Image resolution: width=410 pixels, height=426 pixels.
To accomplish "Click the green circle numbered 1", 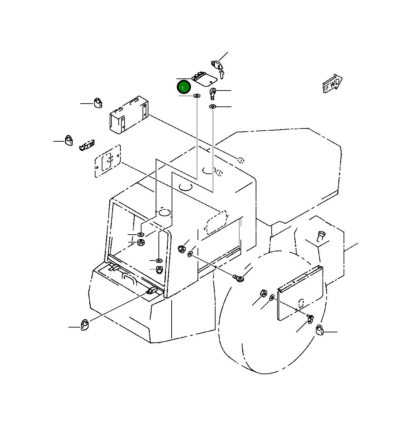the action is point(184,87).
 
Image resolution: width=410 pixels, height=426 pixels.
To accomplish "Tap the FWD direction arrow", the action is point(332,83).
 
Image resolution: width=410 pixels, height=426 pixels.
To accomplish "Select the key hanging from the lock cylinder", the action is point(222,74).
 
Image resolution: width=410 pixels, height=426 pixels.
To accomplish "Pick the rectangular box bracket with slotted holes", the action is point(129,115).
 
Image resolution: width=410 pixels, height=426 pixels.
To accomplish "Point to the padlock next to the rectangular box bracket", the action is point(98,103).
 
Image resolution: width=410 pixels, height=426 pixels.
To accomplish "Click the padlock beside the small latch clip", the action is point(69,140).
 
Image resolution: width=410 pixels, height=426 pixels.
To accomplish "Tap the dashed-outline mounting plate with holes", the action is point(108,161).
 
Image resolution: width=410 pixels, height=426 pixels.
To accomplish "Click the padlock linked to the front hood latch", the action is point(85,325).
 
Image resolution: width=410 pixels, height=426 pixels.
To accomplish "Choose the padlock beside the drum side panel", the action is point(320,330).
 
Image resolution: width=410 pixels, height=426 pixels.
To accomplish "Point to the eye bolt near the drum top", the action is point(239,278).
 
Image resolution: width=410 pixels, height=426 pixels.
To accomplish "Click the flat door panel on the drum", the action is point(300,293).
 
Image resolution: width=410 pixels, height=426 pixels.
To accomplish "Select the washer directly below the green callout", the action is point(197,96).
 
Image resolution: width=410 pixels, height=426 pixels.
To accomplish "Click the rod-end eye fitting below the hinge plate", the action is point(212,93).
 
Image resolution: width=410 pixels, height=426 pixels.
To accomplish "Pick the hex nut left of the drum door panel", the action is point(263,293).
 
